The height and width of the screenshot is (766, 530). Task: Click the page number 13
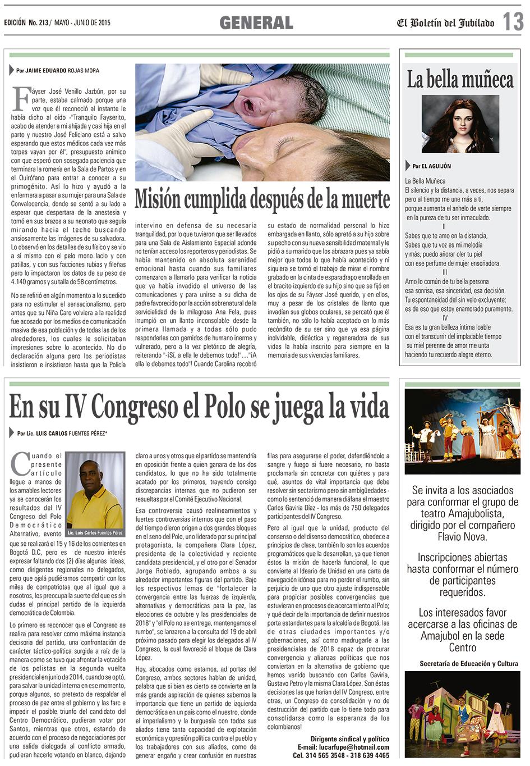(x=513, y=22)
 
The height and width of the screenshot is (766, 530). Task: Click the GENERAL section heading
(x=256, y=22)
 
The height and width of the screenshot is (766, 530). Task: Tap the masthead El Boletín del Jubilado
(x=446, y=23)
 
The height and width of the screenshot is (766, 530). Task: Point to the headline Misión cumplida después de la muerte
(x=262, y=199)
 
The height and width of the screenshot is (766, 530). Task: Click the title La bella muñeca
(x=460, y=80)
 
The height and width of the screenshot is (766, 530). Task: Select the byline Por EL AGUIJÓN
(x=431, y=166)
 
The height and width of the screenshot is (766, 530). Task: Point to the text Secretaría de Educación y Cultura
(x=469, y=664)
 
